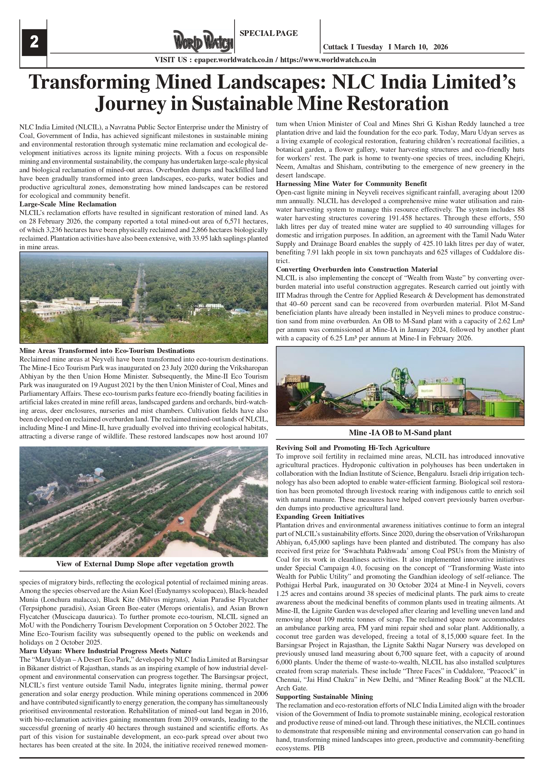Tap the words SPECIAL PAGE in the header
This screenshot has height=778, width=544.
[x=268, y=33]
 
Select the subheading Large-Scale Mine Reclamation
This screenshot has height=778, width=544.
[x=68, y=204]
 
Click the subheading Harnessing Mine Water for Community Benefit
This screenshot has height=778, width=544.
[x=351, y=184]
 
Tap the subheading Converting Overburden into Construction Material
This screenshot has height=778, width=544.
[x=357, y=269]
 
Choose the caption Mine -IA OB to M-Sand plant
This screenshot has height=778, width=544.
[x=400, y=432]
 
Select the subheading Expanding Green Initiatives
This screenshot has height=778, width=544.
[x=320, y=516]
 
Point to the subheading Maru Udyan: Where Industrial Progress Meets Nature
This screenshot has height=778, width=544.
[x=105, y=651]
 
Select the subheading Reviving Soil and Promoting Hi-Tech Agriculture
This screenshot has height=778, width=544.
[x=353, y=448]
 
